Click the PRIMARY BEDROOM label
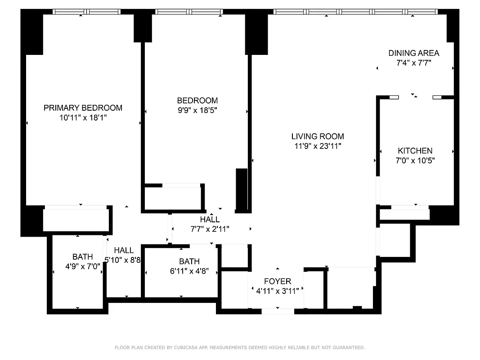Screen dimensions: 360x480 [83, 108]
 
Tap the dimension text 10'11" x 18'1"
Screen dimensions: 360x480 [83, 117]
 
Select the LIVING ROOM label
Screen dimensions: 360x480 [318, 136]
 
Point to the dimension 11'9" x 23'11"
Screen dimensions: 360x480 [318, 146]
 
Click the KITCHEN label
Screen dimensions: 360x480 [415, 151]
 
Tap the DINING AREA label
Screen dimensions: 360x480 [414, 53]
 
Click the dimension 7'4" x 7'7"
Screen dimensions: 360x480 [414, 63]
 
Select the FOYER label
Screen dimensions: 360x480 [277, 281]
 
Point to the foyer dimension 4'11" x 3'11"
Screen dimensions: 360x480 [278, 291]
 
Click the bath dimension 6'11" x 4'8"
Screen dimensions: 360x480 [189, 271]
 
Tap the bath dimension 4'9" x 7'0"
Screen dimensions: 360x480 [83, 266]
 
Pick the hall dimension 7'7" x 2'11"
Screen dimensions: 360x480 [210, 229]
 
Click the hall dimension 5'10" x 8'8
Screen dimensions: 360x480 [123, 260]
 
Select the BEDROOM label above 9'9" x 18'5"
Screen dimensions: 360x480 [197, 100]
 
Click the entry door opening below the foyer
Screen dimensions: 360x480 [278, 311]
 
